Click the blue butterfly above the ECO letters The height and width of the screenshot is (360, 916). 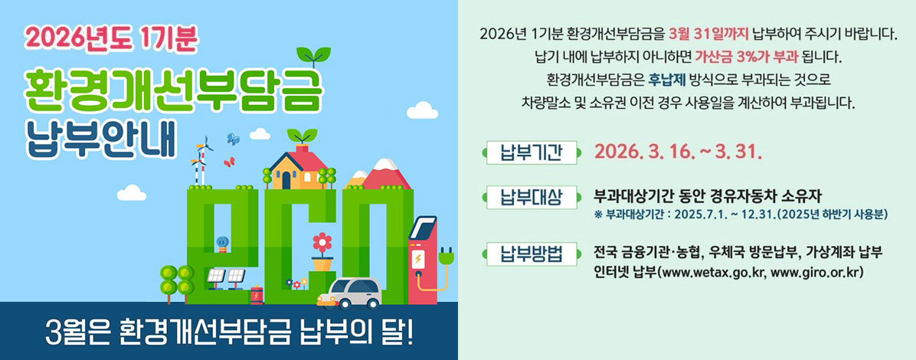[234, 139]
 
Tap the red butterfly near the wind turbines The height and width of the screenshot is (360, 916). [228, 162]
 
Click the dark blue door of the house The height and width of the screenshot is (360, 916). [286, 180]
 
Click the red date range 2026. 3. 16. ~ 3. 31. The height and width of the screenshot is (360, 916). [677, 152]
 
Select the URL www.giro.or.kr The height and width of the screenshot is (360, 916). [819, 272]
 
